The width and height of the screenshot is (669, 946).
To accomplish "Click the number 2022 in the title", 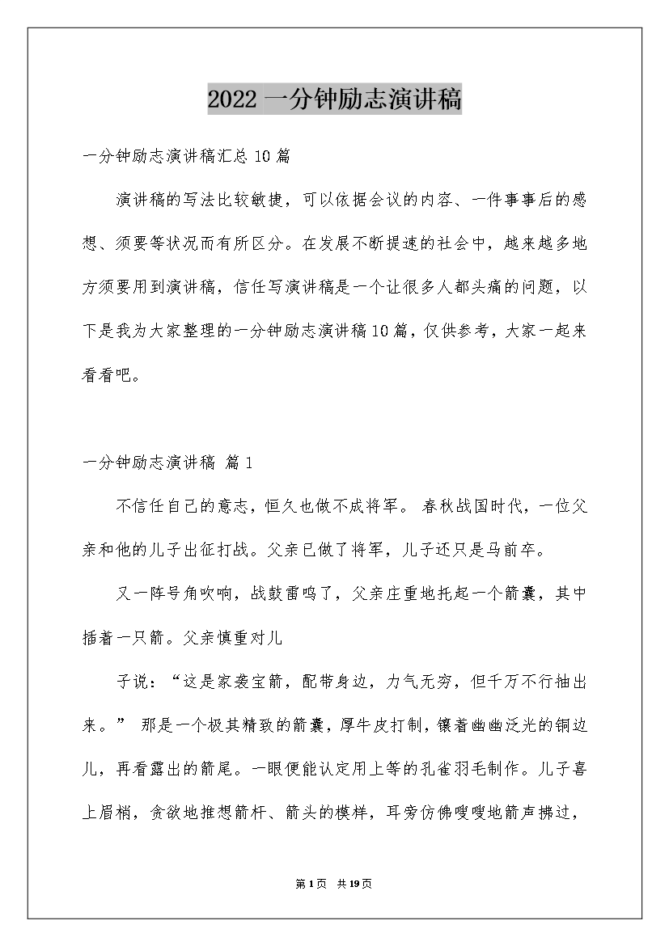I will [233, 100].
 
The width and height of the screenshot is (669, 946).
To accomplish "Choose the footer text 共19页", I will [355, 883].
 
